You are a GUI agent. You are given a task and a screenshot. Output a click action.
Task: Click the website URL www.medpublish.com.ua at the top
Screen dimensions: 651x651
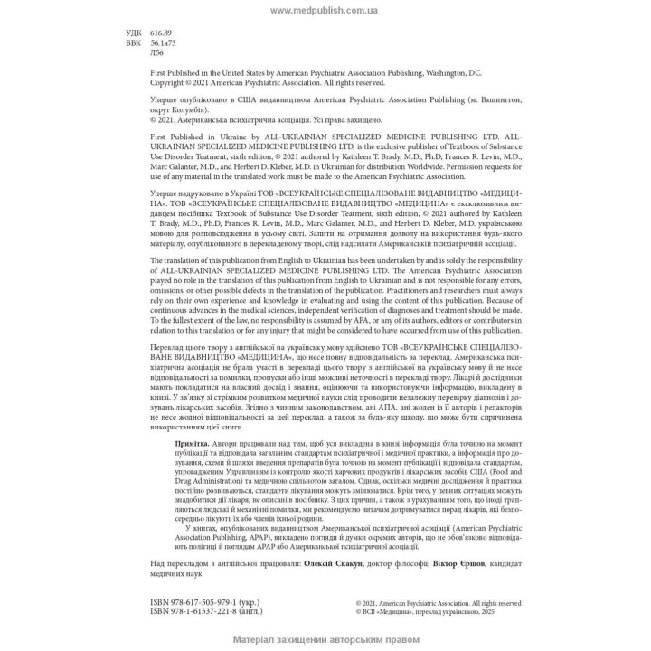click(325, 11)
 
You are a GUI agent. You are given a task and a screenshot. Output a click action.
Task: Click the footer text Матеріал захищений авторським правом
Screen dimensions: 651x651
click(325, 639)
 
